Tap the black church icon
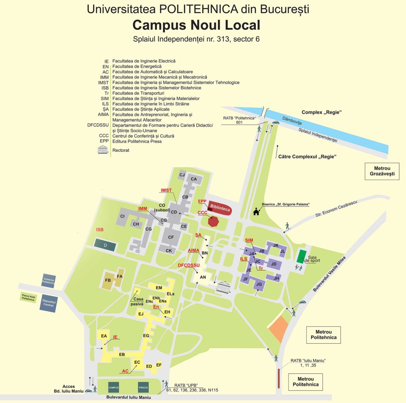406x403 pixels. coord(256,212)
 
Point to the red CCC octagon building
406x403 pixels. coord(213,221)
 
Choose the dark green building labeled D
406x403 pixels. coord(106,245)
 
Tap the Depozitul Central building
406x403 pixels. coord(49,303)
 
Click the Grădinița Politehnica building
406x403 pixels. coord(49,281)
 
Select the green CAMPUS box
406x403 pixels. coord(114,388)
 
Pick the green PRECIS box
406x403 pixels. coord(143,388)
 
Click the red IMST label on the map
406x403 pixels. coord(166,190)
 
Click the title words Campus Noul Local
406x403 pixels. coord(196,25)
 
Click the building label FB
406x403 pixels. coord(108,280)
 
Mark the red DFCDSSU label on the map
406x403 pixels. coord(189,265)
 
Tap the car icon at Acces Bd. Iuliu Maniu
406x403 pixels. coord(88,391)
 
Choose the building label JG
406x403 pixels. coord(259,284)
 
